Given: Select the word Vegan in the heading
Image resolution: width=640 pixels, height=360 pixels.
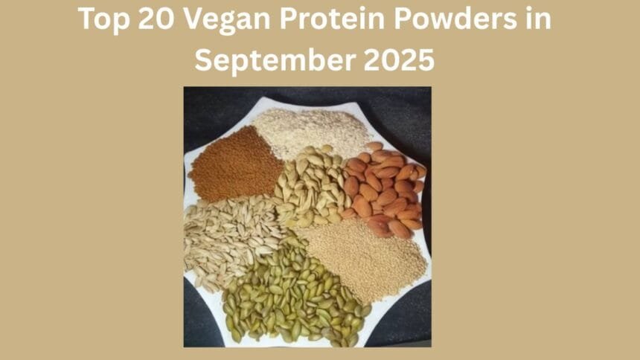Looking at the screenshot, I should (223, 20).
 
